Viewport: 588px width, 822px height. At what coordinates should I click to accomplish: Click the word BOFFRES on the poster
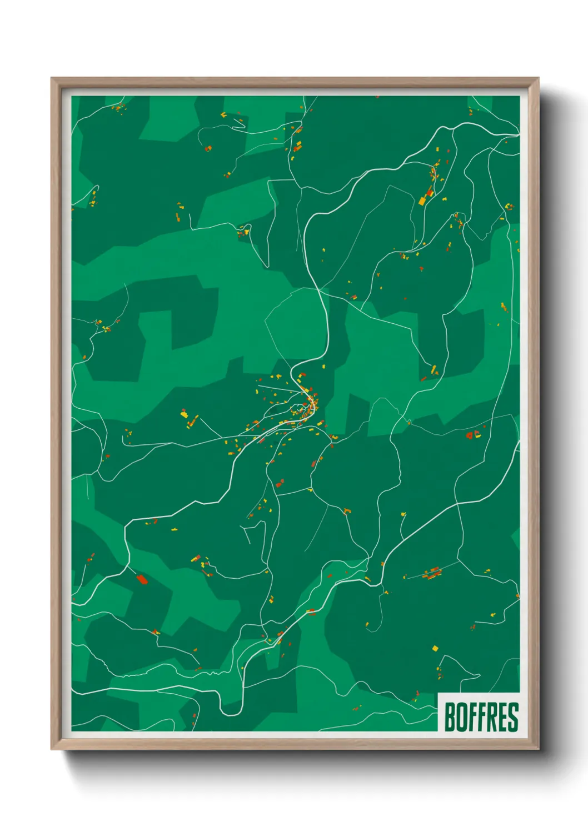click(x=481, y=717)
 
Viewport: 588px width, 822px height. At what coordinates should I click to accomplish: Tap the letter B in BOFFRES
click(x=450, y=717)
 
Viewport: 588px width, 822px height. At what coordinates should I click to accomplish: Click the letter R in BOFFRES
click(x=491, y=717)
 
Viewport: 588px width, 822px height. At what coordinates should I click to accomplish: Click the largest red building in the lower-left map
click(x=142, y=579)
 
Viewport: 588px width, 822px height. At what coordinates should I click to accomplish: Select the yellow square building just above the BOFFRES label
click(x=435, y=648)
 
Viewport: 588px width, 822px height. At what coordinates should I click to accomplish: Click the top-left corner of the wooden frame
click(x=52, y=79)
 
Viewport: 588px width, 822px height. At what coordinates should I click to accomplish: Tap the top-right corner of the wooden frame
click(x=537, y=79)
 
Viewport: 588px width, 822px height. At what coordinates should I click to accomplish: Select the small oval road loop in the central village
click(x=298, y=410)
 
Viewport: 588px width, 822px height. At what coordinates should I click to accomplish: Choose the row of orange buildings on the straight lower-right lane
click(x=432, y=573)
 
